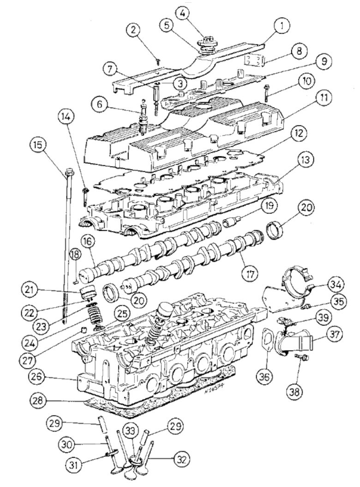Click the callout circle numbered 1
tap(280, 26)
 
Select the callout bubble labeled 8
tap(299, 51)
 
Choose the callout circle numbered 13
tap(305, 160)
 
